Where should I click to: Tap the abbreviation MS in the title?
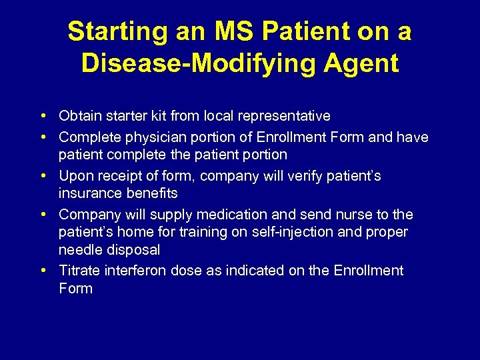pos(231,31)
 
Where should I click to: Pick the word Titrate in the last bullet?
pos(79,271)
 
